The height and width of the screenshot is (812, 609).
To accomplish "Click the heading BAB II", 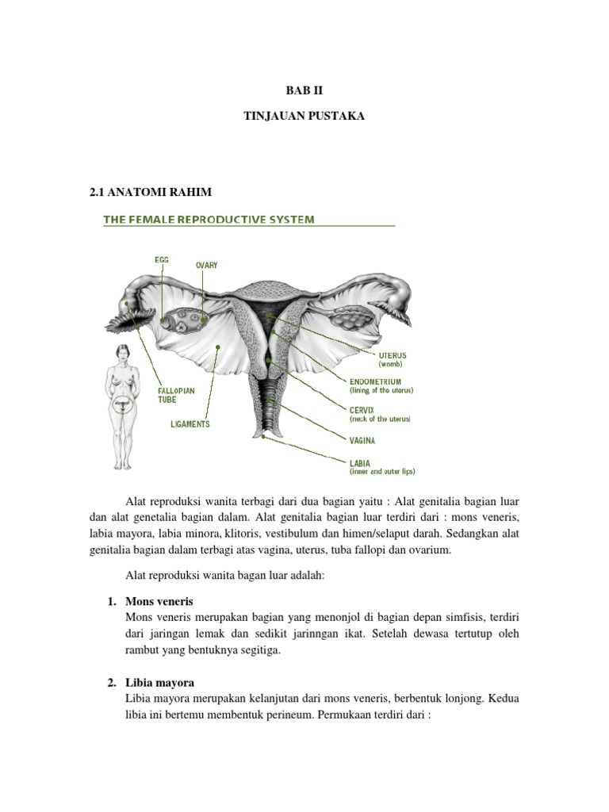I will pos(304,90).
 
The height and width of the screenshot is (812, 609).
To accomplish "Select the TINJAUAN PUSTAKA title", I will pos(304,117).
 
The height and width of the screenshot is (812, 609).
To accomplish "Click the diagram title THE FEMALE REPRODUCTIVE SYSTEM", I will pos(206,219).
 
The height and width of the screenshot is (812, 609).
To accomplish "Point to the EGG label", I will pos(162,259).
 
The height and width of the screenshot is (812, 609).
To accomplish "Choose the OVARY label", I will pos(206,265).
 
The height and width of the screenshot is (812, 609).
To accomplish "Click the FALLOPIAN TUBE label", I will pos(176,395).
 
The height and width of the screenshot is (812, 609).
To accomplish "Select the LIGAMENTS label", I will pos(190,424).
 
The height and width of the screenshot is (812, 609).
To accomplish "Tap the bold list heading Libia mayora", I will pos(160,682).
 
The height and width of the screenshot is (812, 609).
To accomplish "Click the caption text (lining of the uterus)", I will pos(382,391).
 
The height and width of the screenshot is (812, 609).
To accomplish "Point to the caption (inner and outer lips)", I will pos(382,471).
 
